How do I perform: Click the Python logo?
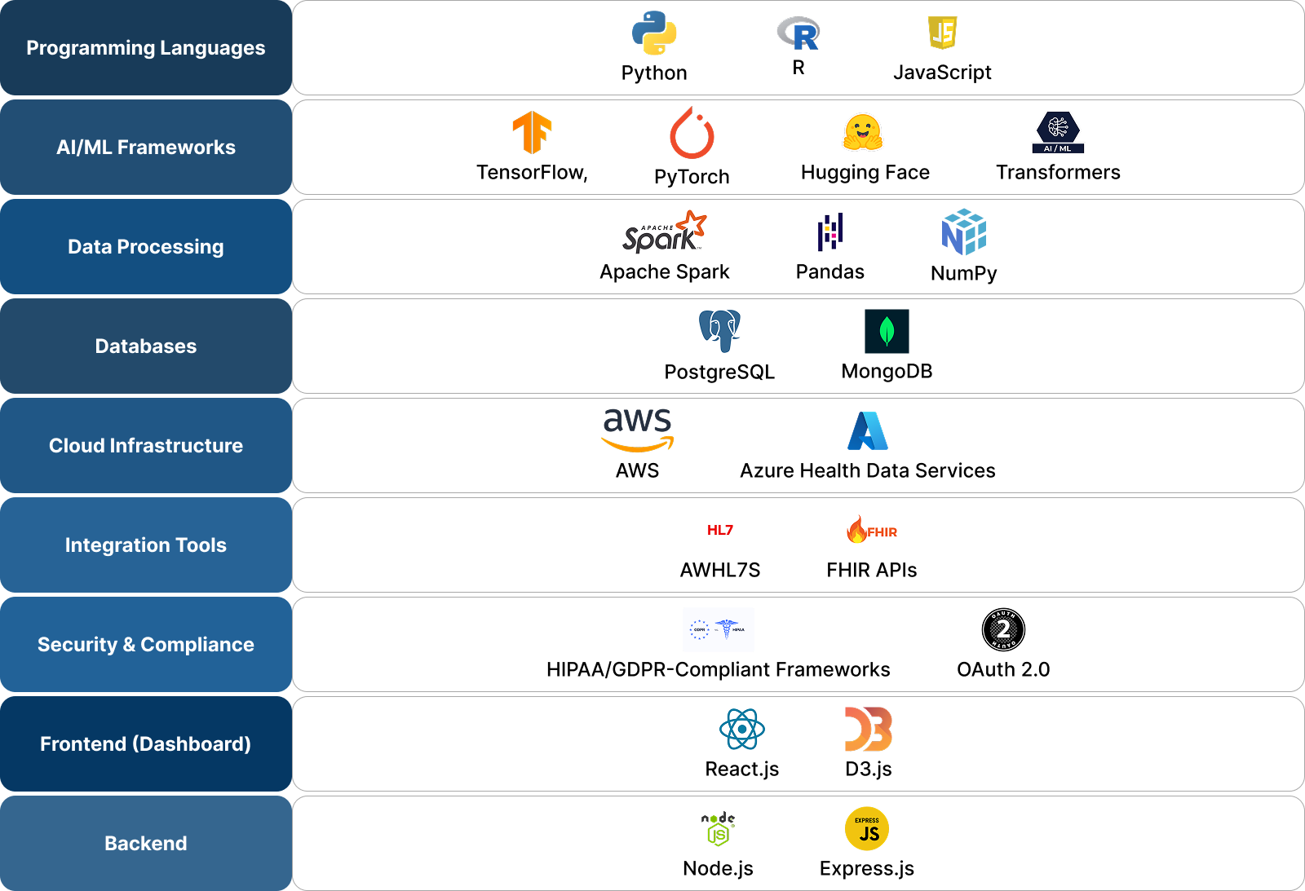click(654, 33)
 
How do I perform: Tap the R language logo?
click(798, 33)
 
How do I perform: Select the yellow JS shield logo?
click(942, 33)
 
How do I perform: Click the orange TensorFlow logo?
click(532, 132)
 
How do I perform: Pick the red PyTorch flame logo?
click(692, 134)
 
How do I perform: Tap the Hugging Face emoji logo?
click(863, 132)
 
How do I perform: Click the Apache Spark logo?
click(664, 232)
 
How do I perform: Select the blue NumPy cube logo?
click(964, 232)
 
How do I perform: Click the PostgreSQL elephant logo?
click(719, 332)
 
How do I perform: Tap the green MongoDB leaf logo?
click(887, 332)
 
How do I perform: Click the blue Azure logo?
click(868, 431)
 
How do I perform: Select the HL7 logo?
click(720, 530)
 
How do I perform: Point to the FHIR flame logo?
click(872, 530)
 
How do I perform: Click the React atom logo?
click(742, 729)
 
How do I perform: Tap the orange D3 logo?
click(869, 729)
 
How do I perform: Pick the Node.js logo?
click(718, 829)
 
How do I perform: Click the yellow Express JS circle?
click(867, 829)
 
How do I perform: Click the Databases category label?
click(146, 346)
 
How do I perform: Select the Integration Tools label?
click(146, 545)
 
